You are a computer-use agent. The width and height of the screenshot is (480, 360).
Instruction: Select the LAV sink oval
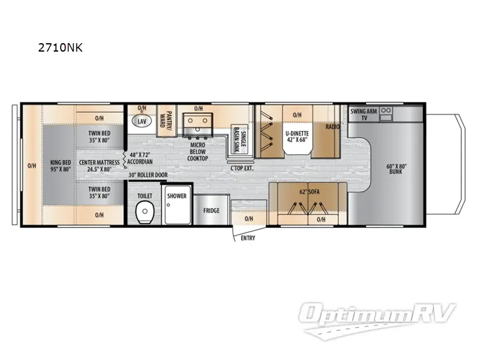tap(142, 121)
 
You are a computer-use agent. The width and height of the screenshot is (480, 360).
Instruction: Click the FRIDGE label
tap(211, 211)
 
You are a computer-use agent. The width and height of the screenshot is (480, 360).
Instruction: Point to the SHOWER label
tap(176, 196)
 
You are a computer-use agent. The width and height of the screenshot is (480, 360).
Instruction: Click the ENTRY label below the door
tap(247, 238)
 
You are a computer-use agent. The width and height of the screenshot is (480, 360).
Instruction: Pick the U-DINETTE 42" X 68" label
tap(297, 136)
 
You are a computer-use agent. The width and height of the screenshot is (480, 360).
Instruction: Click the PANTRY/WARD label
tap(169, 118)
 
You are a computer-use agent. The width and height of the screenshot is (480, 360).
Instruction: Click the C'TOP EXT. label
tap(243, 168)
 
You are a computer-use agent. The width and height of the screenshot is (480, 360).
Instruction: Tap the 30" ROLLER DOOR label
tap(148, 175)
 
